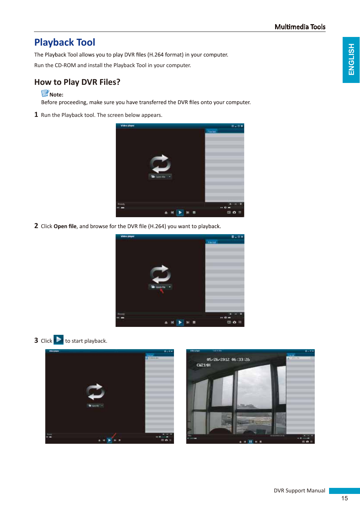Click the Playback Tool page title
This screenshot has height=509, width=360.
tap(65, 42)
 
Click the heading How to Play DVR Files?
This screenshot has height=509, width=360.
tap(77, 82)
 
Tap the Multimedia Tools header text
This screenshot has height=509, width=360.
tap(300, 27)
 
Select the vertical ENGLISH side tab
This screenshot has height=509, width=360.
tap(351, 60)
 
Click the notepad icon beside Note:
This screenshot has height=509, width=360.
tap(45, 93)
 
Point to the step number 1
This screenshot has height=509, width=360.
tap(36, 115)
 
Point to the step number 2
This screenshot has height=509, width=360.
tap(36, 226)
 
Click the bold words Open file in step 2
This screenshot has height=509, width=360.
tap(65, 226)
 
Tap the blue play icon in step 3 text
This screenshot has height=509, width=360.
tap(58, 340)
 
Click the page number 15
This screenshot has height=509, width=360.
tap(344, 498)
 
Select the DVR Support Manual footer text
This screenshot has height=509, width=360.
tap(299, 491)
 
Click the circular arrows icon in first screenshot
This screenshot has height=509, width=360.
tap(160, 164)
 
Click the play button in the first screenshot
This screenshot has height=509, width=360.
tap(180, 213)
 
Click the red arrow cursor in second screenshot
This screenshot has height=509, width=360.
tap(162, 291)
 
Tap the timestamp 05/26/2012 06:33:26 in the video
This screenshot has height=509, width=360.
tap(228, 360)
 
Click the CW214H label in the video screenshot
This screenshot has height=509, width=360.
tap(203, 365)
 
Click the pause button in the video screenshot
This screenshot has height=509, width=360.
tap(250, 442)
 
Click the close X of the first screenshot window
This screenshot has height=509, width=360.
tap(242, 126)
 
